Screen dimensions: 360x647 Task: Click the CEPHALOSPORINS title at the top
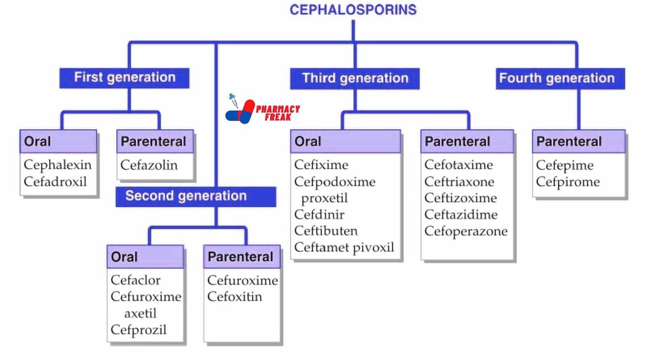click(353, 10)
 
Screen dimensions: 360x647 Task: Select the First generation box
click(124, 78)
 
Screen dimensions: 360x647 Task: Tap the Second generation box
click(195, 196)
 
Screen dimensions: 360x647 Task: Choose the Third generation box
click(355, 78)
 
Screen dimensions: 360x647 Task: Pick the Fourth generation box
click(560, 78)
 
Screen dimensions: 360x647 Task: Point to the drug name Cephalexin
click(57, 165)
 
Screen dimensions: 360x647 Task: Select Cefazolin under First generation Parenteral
click(149, 165)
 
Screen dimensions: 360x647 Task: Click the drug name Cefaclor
click(135, 280)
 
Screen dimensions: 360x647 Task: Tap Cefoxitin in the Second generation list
click(234, 296)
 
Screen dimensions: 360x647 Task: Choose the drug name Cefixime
click(321, 165)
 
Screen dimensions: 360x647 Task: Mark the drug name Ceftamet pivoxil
click(344, 247)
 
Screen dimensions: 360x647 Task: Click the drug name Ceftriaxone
click(459, 181)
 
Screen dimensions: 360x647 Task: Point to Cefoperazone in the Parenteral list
click(466, 231)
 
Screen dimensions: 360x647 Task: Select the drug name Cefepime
click(564, 165)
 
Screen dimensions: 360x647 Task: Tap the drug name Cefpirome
click(567, 181)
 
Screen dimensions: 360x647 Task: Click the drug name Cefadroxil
click(55, 181)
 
